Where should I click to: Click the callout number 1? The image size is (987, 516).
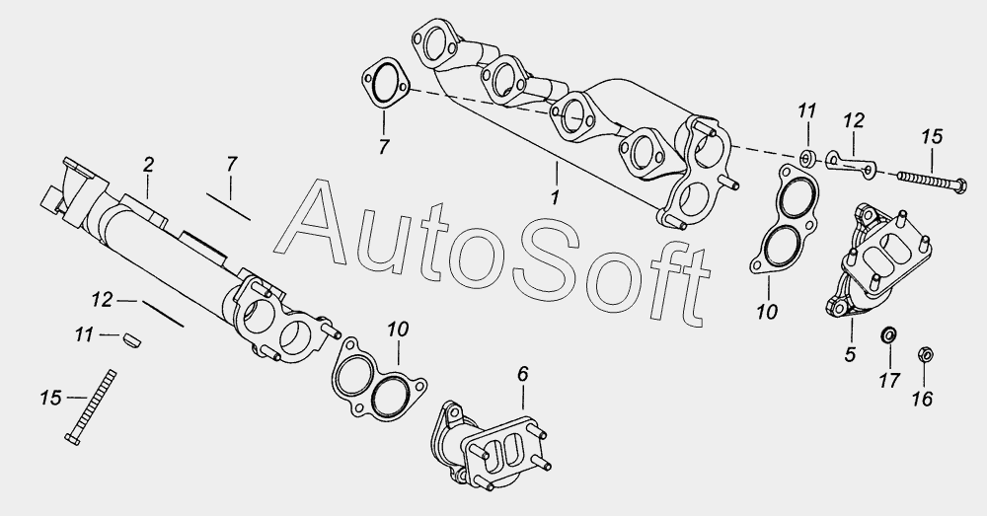(555, 197)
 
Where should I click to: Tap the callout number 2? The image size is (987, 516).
(148, 166)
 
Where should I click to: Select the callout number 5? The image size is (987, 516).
(851, 355)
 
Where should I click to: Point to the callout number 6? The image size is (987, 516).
(522, 374)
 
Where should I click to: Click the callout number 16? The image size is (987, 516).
(923, 399)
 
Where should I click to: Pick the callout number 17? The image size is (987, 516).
(889, 380)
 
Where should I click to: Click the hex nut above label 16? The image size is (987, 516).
(926, 353)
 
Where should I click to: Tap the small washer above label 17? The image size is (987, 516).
(888, 334)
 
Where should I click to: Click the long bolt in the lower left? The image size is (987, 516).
(91, 407)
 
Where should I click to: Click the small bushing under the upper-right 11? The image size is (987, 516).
(807, 158)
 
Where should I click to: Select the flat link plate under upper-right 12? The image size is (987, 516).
(850, 163)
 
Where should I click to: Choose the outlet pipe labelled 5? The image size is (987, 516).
(878, 258)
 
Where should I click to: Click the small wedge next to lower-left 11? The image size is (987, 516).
(131, 339)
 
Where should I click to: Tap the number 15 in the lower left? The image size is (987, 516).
(51, 398)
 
